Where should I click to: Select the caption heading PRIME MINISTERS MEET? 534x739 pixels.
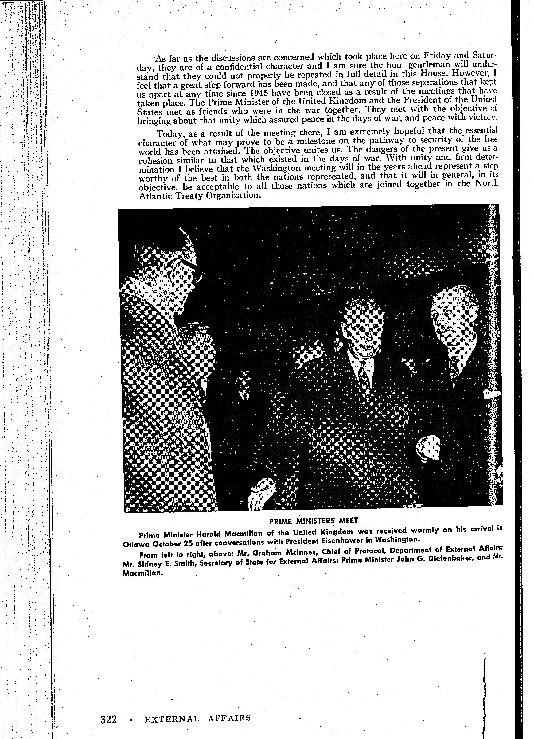point(314,521)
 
